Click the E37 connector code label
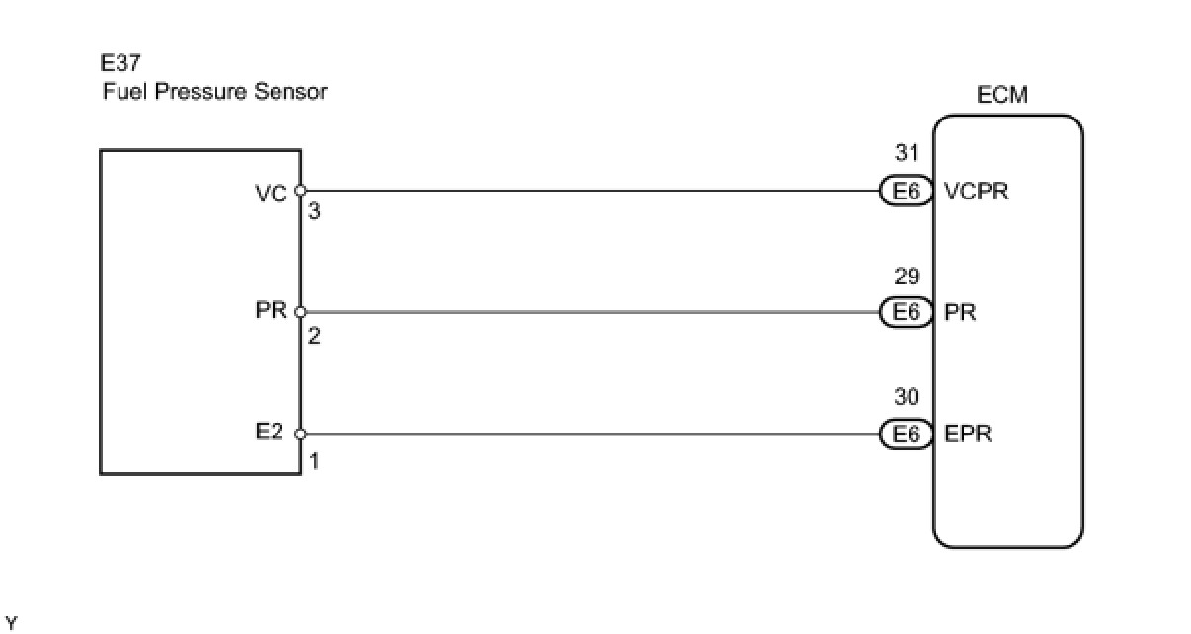point(120,64)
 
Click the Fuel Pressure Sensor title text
point(214,92)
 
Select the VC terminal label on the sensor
point(270,192)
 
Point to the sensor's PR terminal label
point(270,312)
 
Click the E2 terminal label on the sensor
point(270,433)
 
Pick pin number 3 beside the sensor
point(314,211)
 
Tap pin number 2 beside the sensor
point(314,336)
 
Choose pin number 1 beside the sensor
point(314,460)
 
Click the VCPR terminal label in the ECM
point(977,192)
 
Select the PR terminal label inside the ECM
point(961,312)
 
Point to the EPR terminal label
point(969,434)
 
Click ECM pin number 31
point(907,153)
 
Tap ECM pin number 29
point(907,276)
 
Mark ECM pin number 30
point(907,397)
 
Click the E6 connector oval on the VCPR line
point(906,192)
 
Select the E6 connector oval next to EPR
point(906,434)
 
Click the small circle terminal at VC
point(300,191)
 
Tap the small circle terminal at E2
point(300,434)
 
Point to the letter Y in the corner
point(11,622)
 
